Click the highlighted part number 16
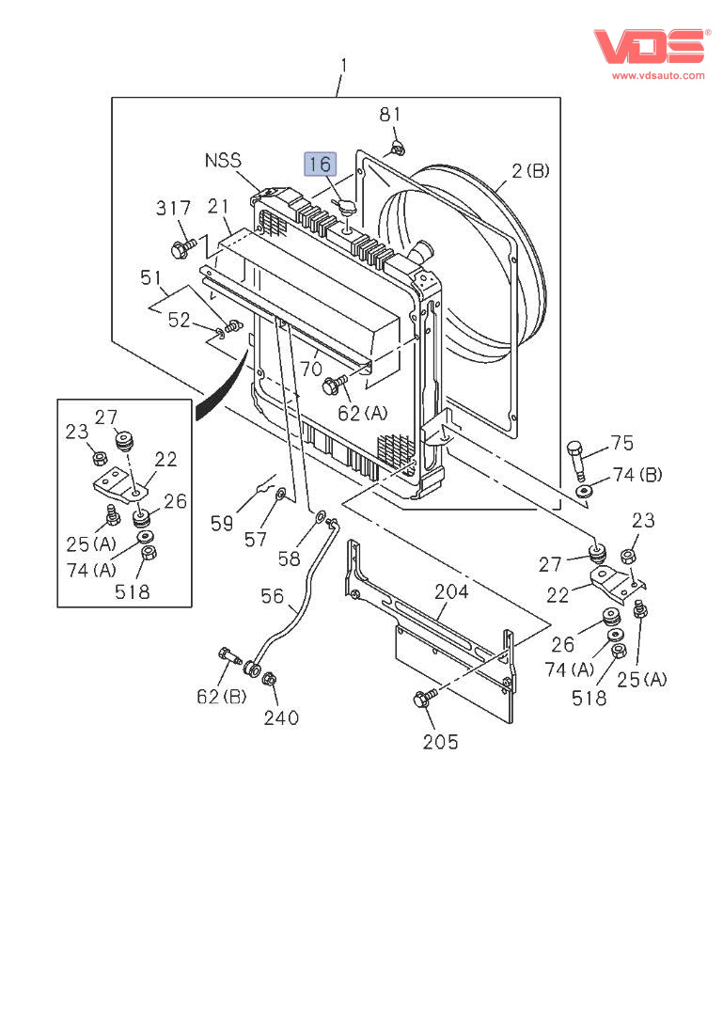pos(320,164)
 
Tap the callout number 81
pos(390,114)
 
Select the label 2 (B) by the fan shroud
pos(530,170)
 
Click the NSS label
pos(223,161)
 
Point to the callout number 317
pos(174,208)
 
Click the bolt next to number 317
pos(182,249)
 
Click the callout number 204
pos(451,591)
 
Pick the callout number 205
pos(440,742)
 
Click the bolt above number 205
pos(422,699)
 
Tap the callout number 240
pos(281,717)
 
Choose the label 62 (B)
pos(221,697)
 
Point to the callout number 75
pos(621,443)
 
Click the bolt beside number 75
pos(578,458)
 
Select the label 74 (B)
pos(637,475)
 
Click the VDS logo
pos(649,45)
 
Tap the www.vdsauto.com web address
pos(658,75)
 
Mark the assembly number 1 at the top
pos(343,65)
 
